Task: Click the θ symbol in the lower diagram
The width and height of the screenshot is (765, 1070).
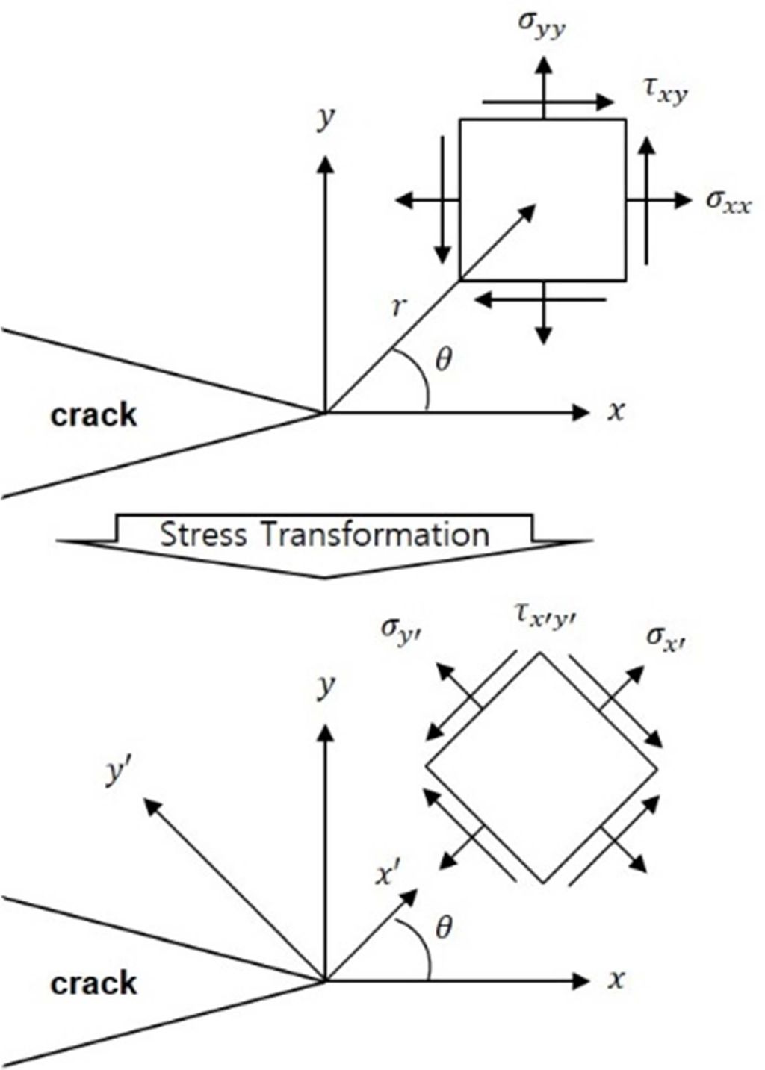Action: point(443,929)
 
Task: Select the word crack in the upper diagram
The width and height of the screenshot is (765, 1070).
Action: point(94,415)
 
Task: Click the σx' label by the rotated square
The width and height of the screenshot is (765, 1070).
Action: point(666,638)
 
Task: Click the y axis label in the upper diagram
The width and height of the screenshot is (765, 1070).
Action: point(324,119)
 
